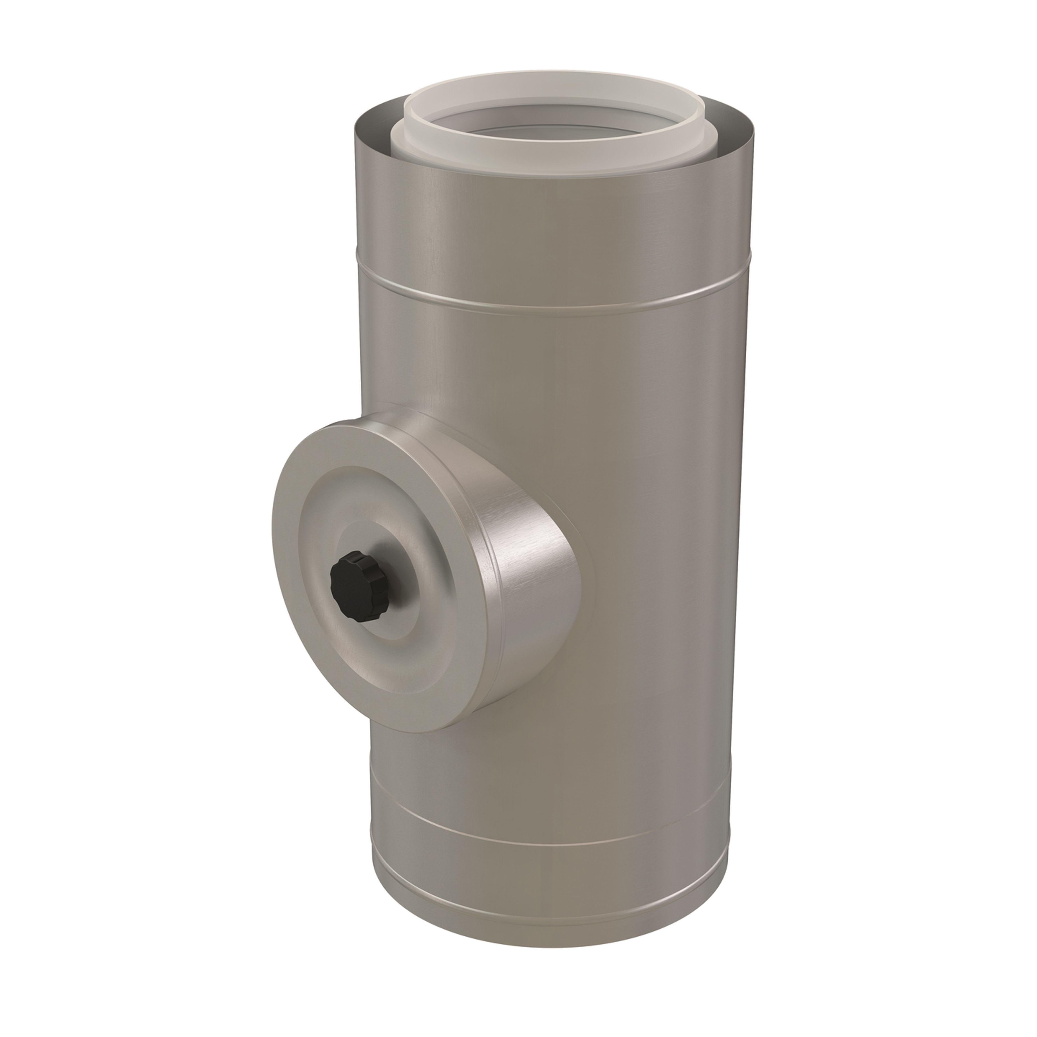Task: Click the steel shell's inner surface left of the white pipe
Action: coord(376,126)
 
